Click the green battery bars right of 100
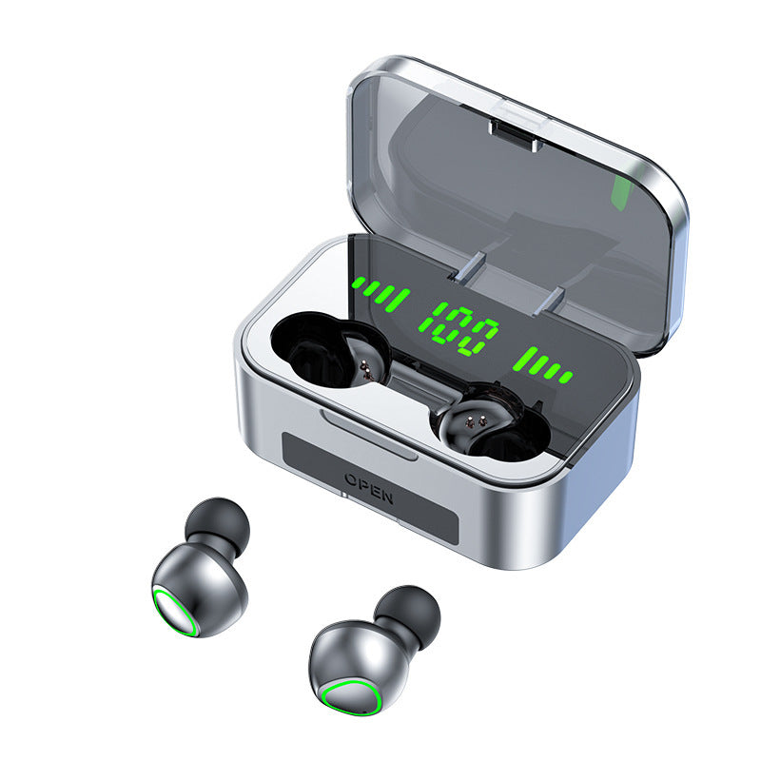[542, 362]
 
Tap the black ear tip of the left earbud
[219, 522]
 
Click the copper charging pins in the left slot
[363, 365]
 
